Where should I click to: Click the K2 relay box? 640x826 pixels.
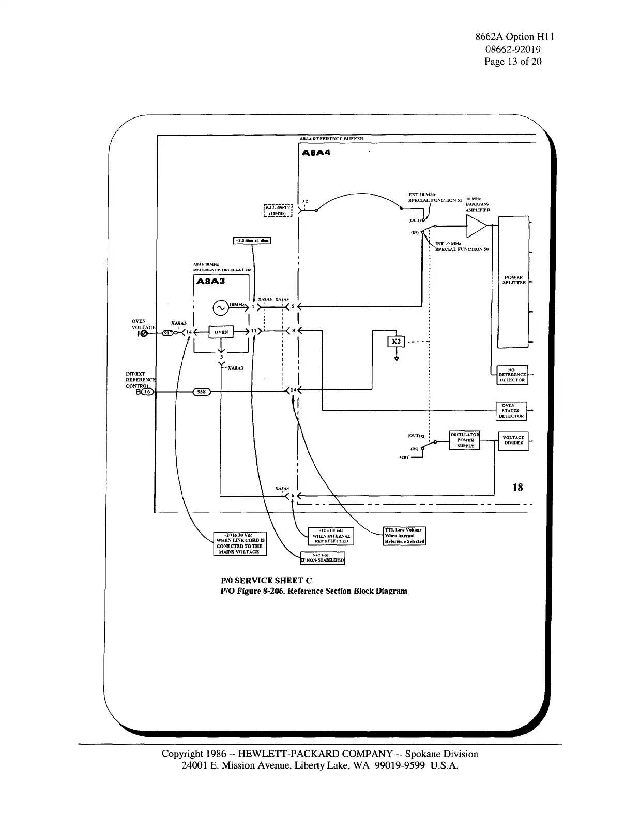(396, 342)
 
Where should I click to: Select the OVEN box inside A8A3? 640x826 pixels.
(221, 332)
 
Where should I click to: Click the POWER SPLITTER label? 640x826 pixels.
(514, 280)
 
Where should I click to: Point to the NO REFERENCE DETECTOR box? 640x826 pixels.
(512, 375)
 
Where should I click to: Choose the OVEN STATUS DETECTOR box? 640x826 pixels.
(512, 411)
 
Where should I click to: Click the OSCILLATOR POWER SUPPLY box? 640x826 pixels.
(465, 440)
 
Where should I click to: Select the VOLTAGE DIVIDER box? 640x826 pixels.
(513, 440)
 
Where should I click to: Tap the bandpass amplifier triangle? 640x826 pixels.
(476, 226)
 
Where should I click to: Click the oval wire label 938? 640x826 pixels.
(201, 392)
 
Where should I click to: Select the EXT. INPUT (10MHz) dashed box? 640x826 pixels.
(279, 210)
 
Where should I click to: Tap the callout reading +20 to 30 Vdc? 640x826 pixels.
(240, 543)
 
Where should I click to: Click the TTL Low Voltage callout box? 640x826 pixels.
(404, 536)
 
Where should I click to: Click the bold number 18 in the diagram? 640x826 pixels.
(517, 487)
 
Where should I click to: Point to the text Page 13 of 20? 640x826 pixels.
(513, 62)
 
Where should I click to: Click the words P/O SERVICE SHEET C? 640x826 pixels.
(266, 580)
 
